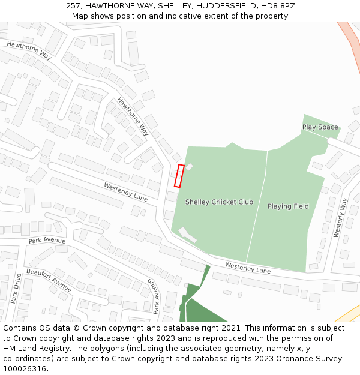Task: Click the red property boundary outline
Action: pos(179,176)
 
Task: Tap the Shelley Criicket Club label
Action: pos(219,202)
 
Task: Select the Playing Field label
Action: pos(288,206)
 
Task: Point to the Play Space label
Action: pos(320,127)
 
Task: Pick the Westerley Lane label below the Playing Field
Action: pos(247,268)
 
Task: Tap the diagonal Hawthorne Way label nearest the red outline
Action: pos(133,116)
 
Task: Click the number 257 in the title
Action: pos(74,6)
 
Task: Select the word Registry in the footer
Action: pos(64,348)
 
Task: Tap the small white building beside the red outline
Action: pos(189,166)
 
